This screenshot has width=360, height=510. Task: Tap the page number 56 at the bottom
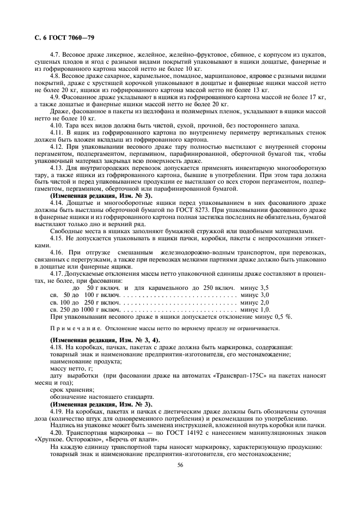point(180,465)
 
